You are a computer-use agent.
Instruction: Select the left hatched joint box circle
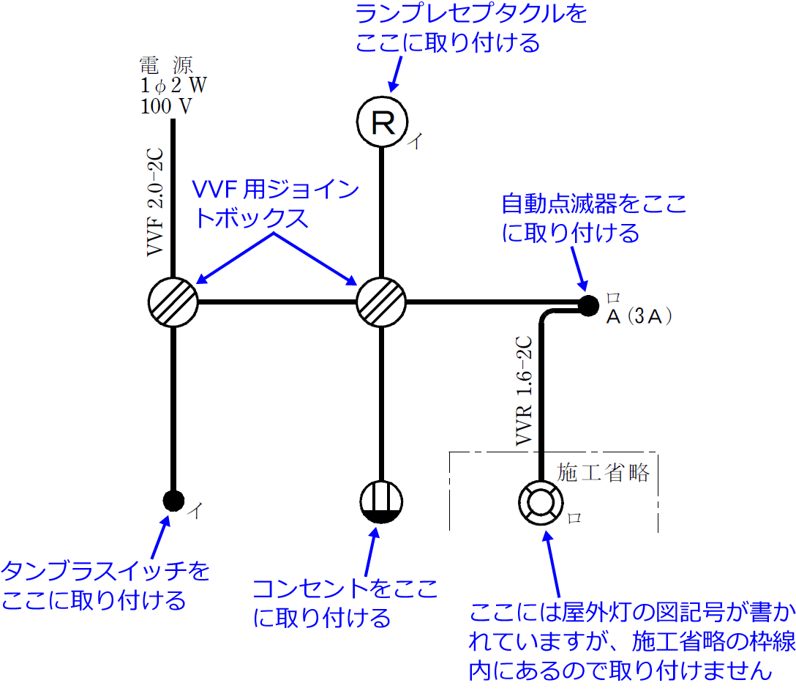[173, 302]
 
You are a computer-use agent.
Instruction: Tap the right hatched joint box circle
[381, 302]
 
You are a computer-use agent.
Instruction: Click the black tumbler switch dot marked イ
[173, 500]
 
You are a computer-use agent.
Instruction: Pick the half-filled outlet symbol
[381, 502]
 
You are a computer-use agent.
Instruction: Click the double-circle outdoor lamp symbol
[541, 502]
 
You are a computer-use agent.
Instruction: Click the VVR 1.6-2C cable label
[525, 392]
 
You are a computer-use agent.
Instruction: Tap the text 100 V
[166, 106]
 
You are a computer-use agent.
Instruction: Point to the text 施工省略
[604, 473]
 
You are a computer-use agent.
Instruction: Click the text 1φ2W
[173, 85]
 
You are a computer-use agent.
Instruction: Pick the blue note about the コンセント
[345, 602]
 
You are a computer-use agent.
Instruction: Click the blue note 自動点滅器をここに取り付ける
[594, 218]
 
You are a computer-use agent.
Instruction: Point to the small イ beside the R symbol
[414, 141]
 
